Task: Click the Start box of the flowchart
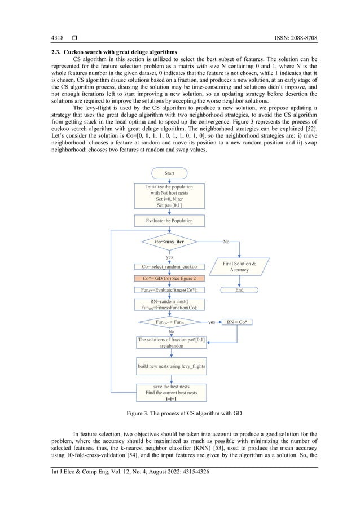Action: (169, 173)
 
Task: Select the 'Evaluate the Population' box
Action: (169, 221)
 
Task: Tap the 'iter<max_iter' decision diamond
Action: (169, 242)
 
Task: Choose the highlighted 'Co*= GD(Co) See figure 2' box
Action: (169, 278)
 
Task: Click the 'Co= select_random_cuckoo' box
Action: (169, 266)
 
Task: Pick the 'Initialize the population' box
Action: (169, 196)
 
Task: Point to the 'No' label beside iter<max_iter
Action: (226, 242)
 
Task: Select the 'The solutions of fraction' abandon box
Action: (172, 343)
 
